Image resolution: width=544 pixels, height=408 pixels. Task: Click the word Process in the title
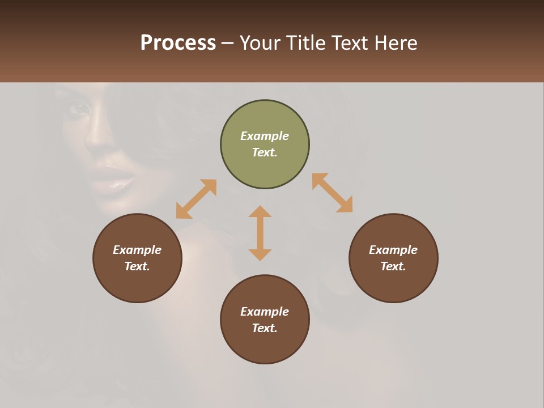pyautogui.click(x=178, y=43)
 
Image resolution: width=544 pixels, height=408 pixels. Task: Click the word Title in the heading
pyautogui.click(x=305, y=43)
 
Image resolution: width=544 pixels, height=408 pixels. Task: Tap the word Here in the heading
pyautogui.click(x=395, y=43)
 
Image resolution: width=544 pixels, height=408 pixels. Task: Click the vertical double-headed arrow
pyautogui.click(x=260, y=233)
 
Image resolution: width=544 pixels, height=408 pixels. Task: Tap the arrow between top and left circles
pyautogui.click(x=196, y=199)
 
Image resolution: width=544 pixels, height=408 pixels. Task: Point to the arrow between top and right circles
pyautogui.click(x=333, y=193)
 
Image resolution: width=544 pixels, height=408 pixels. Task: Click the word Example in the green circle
pyautogui.click(x=265, y=136)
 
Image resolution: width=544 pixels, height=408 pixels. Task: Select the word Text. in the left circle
pyautogui.click(x=137, y=266)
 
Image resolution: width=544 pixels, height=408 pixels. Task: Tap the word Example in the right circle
pyautogui.click(x=393, y=250)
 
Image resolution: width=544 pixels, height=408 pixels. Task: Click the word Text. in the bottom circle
pyautogui.click(x=265, y=328)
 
